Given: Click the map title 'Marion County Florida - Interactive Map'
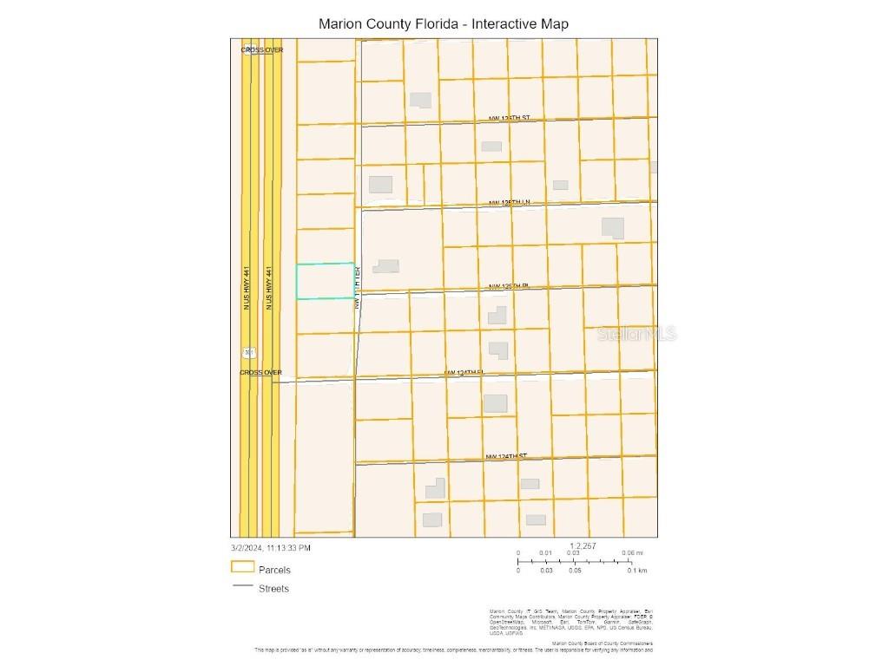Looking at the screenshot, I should pos(444,23).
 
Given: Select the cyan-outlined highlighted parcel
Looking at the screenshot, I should pos(325,281).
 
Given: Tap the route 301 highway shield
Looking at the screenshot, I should pos(249,352).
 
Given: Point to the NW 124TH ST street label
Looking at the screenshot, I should pos(506,456).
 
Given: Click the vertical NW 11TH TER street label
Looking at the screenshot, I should pos(357,288).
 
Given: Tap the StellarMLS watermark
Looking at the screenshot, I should pos(636,334).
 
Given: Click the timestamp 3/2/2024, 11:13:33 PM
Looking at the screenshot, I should pos(270,548).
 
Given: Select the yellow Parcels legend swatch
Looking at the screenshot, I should pos(243,567).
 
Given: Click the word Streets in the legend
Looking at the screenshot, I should pos(273,589).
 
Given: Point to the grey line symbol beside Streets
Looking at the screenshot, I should pos(242,588).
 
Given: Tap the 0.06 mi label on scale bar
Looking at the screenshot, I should pos(632,553).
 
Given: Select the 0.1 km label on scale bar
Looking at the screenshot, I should pos(637,571).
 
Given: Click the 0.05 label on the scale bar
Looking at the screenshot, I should pos(575,571).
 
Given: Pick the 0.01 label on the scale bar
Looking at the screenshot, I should pos(545,553).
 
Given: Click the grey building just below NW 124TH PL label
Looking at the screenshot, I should pos(495,403).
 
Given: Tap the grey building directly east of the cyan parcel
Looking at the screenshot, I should pos(385,266).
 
